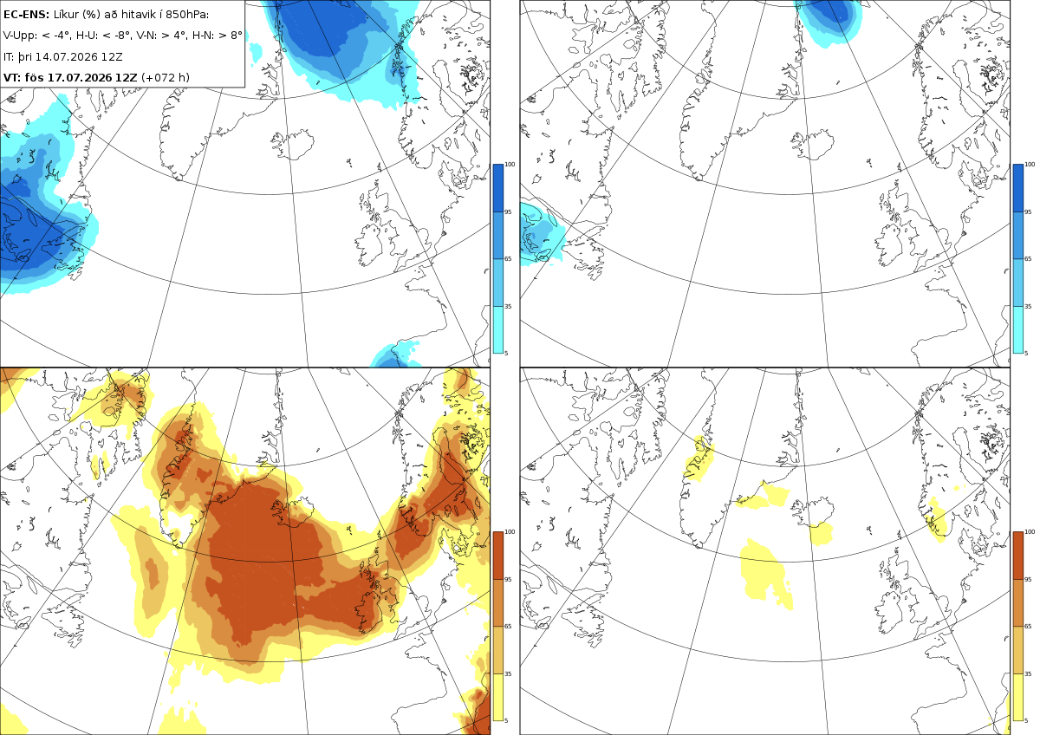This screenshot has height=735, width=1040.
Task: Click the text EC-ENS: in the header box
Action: tap(26, 15)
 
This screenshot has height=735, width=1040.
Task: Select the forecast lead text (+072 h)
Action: tap(166, 77)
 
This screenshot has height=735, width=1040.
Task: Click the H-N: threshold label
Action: tap(211, 36)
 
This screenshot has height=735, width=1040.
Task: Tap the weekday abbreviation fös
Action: tap(34, 77)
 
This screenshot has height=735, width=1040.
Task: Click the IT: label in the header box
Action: tap(9, 56)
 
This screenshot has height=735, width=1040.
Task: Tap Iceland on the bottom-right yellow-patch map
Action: tap(813, 511)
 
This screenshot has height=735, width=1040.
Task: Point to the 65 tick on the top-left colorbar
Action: tap(508, 258)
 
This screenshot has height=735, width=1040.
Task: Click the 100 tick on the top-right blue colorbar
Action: tap(1030, 165)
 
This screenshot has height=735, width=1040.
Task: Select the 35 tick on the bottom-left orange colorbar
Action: tap(508, 673)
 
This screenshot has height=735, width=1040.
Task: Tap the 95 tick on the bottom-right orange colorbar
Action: tap(1028, 580)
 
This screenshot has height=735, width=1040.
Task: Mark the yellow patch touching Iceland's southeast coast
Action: tap(822, 534)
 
